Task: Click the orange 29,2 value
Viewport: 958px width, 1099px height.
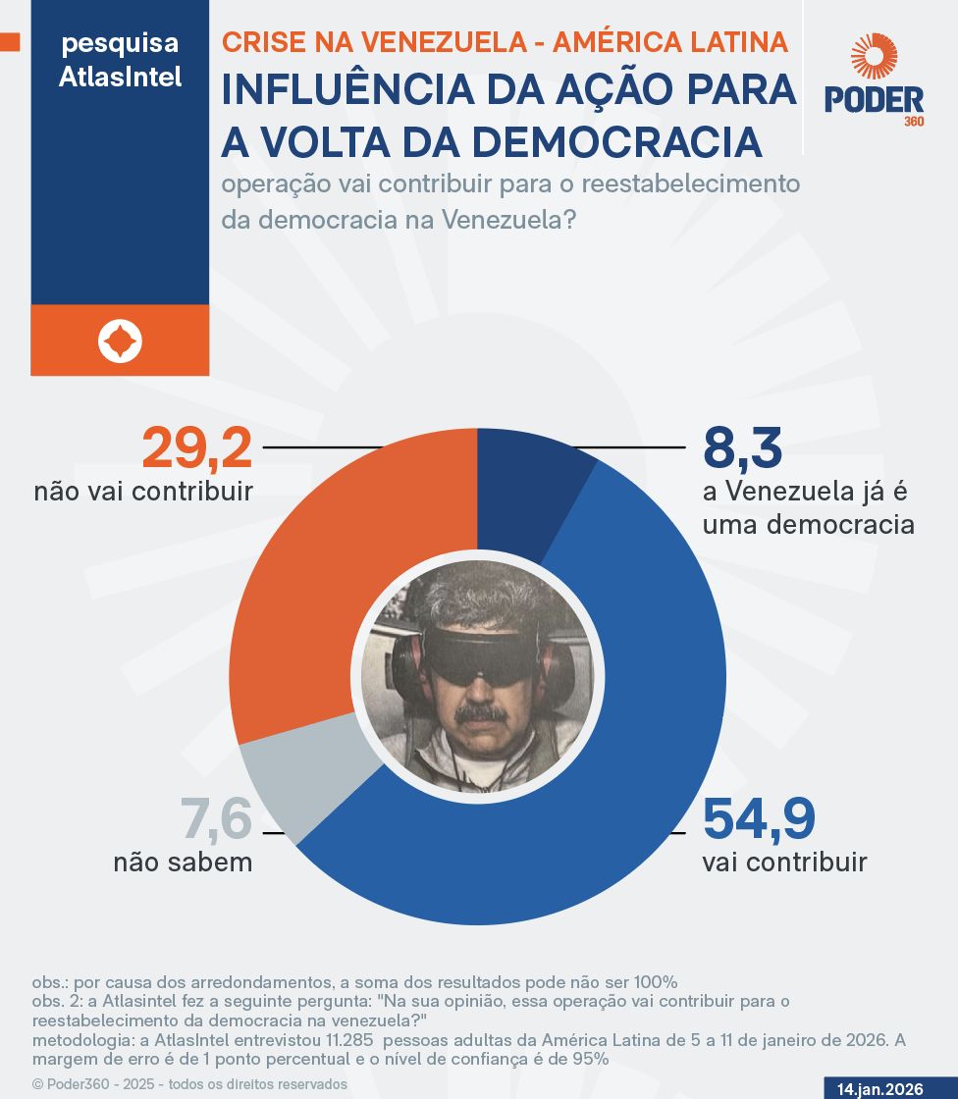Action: (x=197, y=448)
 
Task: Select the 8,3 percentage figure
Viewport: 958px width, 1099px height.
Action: (x=742, y=448)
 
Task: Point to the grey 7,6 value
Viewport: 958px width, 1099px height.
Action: (x=216, y=819)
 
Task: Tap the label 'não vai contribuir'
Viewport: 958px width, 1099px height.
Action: (x=143, y=491)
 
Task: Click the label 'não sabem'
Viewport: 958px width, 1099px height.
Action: (x=183, y=863)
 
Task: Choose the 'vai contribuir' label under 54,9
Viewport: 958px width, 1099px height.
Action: (x=784, y=863)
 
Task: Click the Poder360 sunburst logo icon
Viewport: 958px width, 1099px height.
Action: (x=874, y=56)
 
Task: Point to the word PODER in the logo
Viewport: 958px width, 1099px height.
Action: (x=874, y=100)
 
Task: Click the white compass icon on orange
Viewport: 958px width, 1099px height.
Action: (x=120, y=340)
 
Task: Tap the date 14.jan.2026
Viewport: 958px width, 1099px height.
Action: (x=880, y=1089)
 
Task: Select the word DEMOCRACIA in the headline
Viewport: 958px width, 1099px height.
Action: (x=617, y=141)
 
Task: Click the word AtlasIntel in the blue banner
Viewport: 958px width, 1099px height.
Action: (x=120, y=77)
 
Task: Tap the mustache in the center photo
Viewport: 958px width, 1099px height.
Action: (x=481, y=711)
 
